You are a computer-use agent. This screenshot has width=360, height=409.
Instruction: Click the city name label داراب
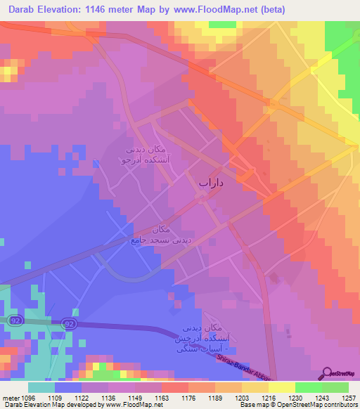[x=210, y=183]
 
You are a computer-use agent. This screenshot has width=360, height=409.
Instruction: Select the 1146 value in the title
[x=105, y=8]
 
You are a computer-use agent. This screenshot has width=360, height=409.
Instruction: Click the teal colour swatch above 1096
[x=41, y=387]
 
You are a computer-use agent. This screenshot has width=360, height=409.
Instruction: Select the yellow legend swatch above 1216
[x=256, y=387]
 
